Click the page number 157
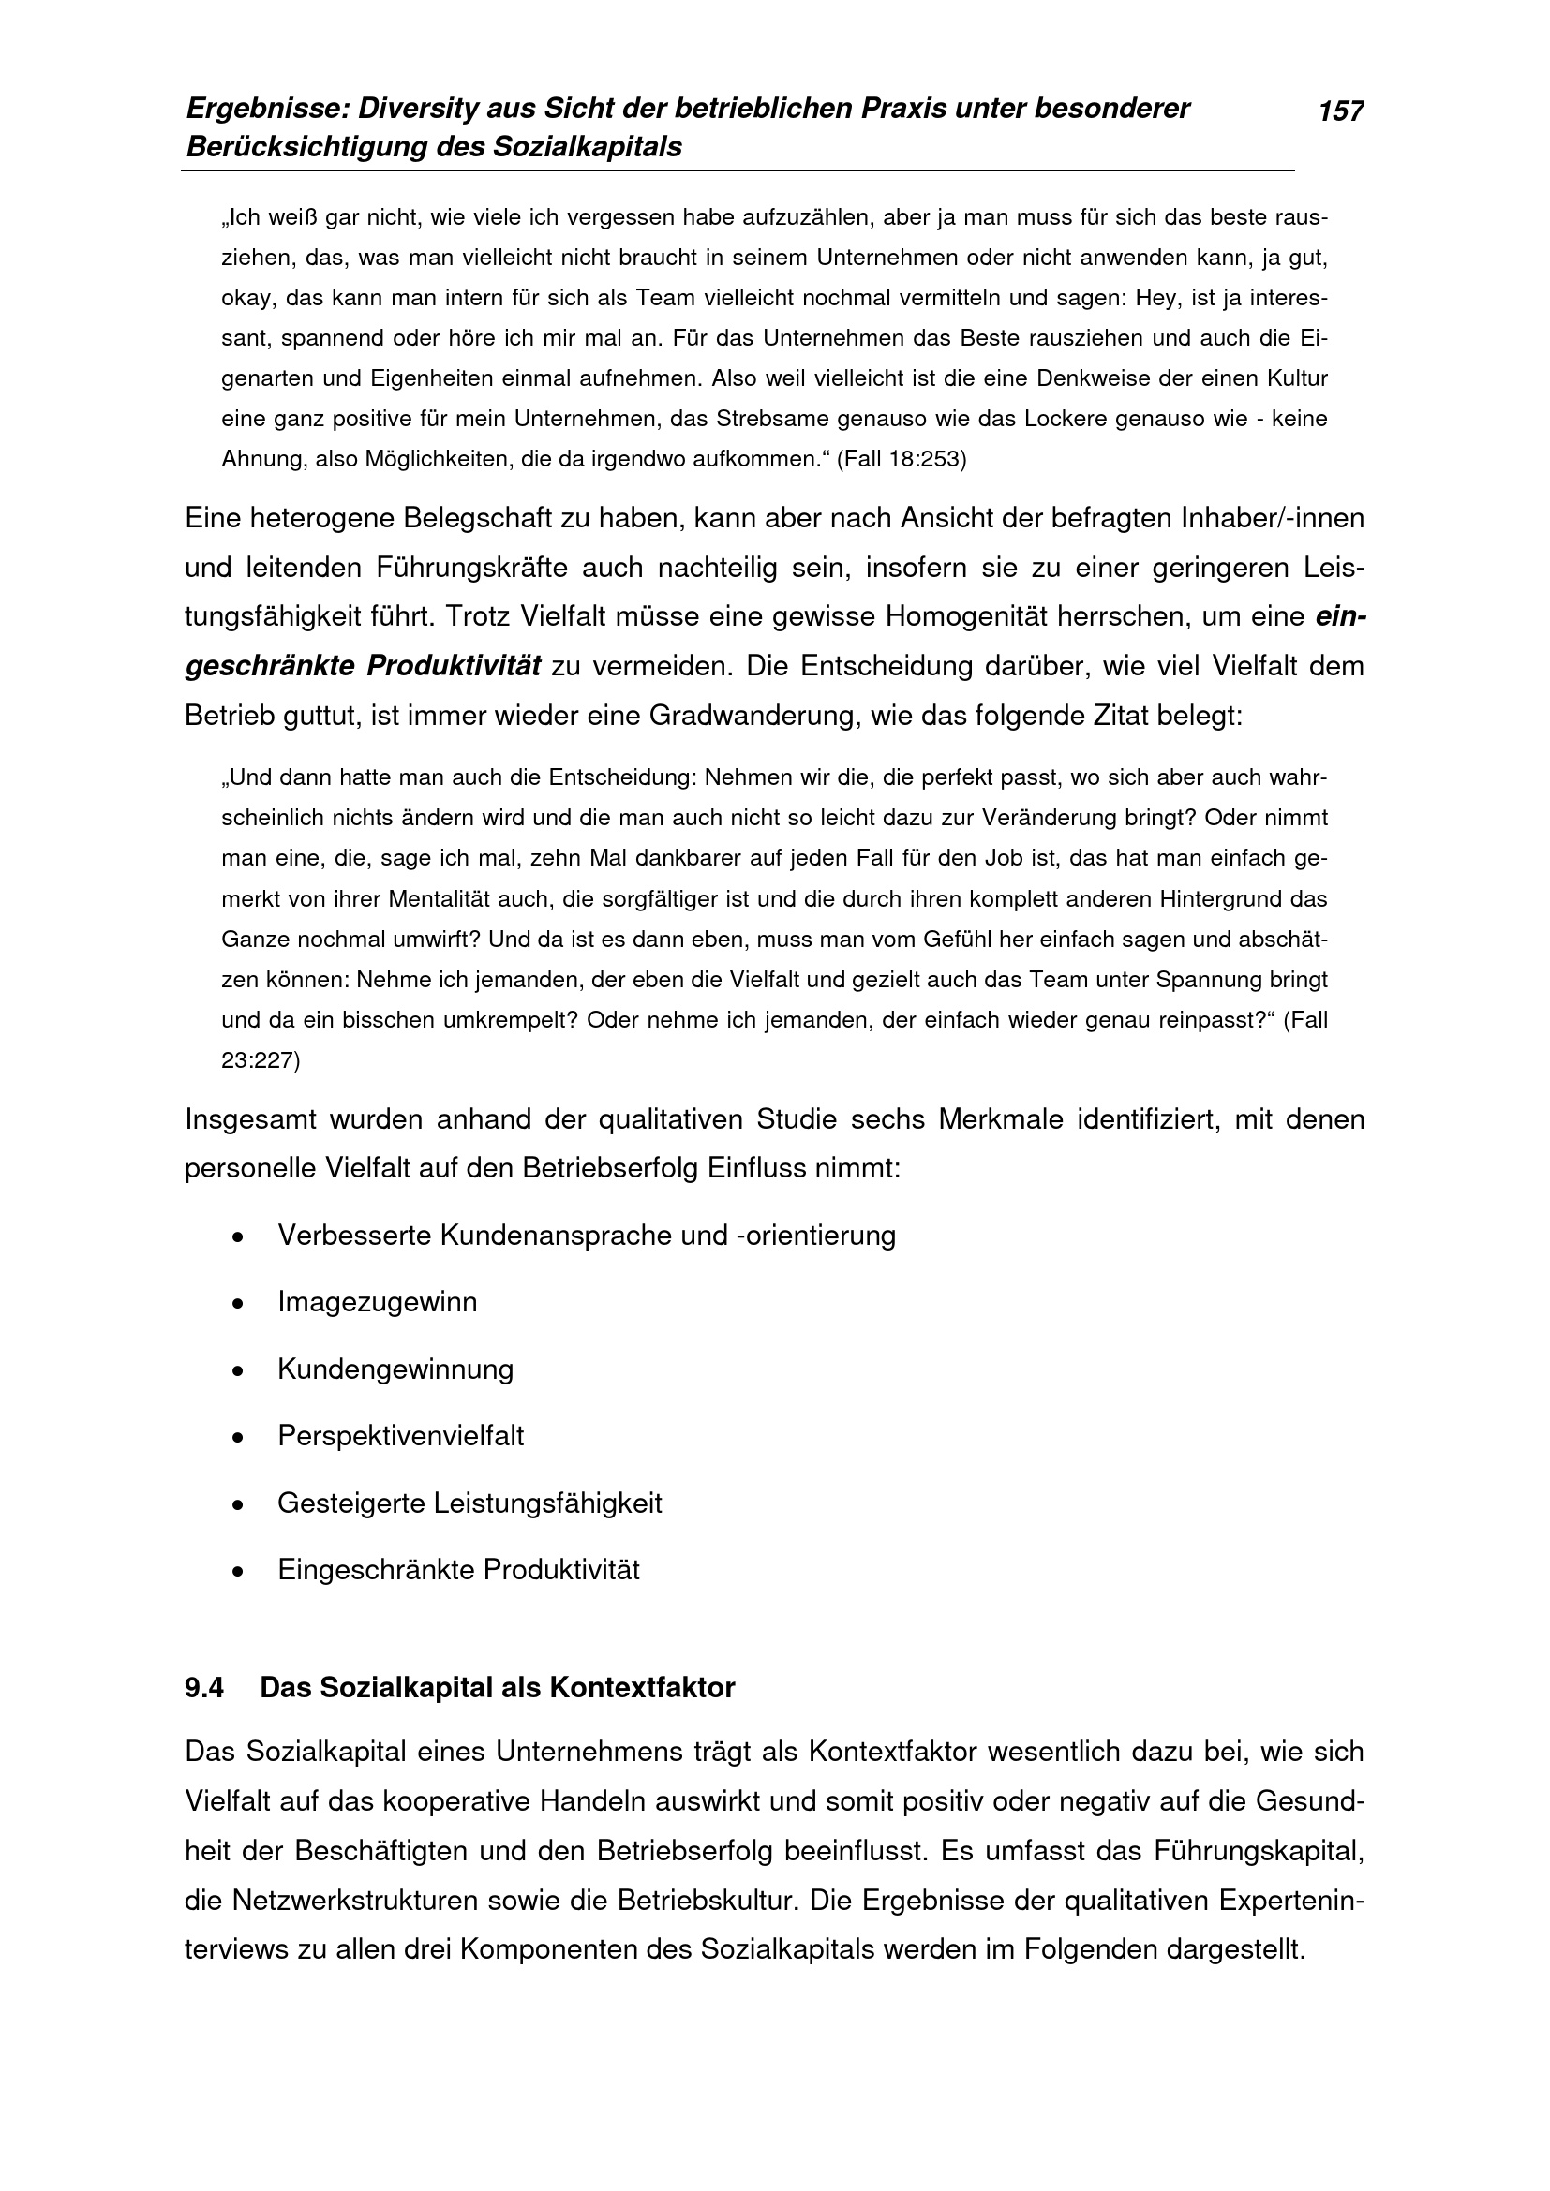(x=1340, y=111)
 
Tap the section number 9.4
(x=204, y=1688)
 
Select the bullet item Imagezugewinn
(x=377, y=1303)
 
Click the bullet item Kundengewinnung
(x=395, y=1369)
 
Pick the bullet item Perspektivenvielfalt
(x=401, y=1436)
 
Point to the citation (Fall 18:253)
(x=901, y=460)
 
